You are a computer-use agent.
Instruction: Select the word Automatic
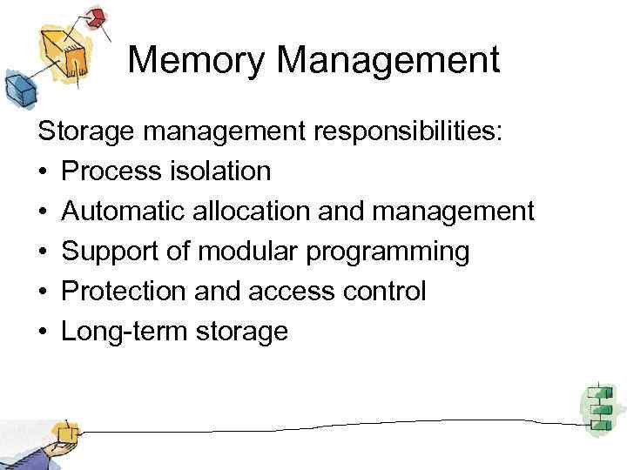click(123, 211)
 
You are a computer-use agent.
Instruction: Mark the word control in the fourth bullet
click(384, 291)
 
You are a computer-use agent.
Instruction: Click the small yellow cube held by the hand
click(64, 433)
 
